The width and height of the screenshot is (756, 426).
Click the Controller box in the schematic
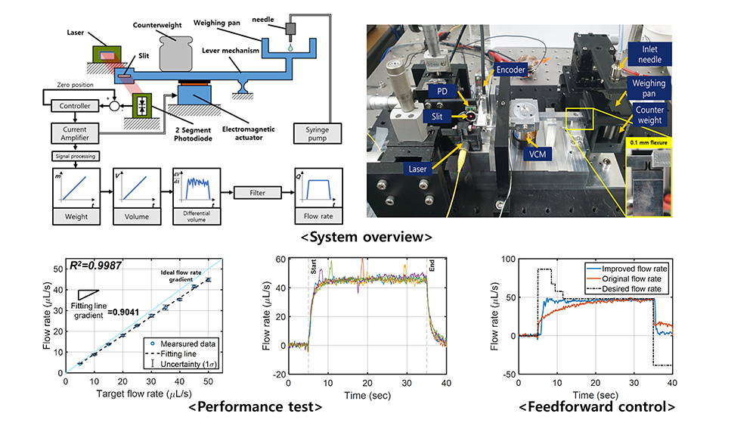tap(75, 106)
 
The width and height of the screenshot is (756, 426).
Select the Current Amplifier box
tap(75, 133)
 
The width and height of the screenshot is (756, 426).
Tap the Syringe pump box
tap(318, 134)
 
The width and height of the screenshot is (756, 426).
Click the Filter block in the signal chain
tap(258, 192)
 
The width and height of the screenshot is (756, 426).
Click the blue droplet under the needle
tap(290, 48)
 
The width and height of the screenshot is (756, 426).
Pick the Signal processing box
tap(75, 157)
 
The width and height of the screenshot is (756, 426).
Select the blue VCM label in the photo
tap(538, 154)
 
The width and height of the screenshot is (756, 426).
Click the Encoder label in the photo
tap(510, 70)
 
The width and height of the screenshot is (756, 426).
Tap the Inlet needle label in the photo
tap(649, 54)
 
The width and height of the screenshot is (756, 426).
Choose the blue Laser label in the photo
tap(417, 169)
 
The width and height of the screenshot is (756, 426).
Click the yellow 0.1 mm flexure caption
tap(649, 143)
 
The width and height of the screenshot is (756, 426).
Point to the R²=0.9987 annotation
tap(95, 266)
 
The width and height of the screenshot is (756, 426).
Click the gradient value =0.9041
tap(123, 313)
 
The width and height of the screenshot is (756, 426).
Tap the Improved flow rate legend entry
tap(627, 269)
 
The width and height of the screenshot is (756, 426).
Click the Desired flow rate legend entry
tap(625, 289)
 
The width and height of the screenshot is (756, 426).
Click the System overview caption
tap(367, 237)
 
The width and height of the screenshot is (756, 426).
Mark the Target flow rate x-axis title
tap(144, 393)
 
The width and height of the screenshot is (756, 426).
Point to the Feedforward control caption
tap(597, 406)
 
